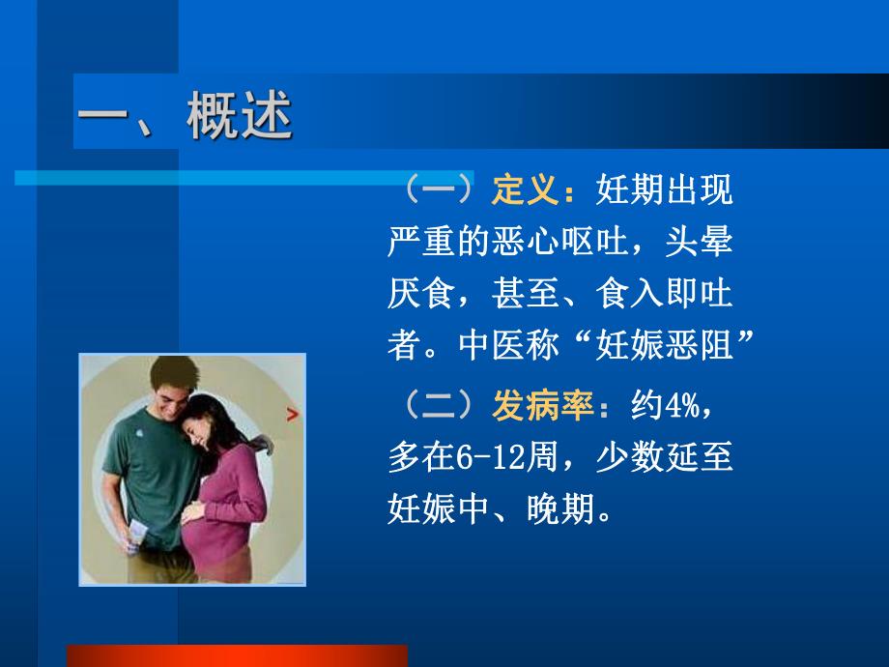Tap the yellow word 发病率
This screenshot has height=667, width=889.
point(542,407)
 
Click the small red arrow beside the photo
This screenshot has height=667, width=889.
point(292,416)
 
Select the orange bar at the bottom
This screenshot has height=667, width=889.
point(236,655)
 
